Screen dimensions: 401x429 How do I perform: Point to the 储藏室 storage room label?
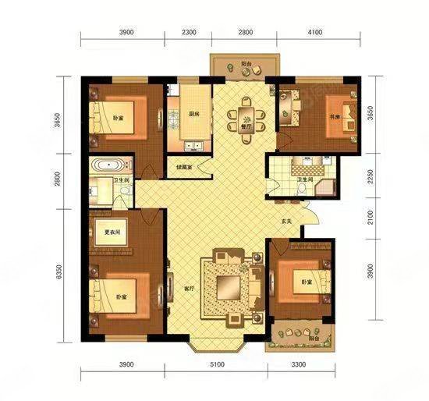tap(184, 165)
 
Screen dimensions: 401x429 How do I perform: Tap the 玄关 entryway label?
tap(287, 222)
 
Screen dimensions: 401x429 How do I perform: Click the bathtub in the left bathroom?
tap(105, 165)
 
